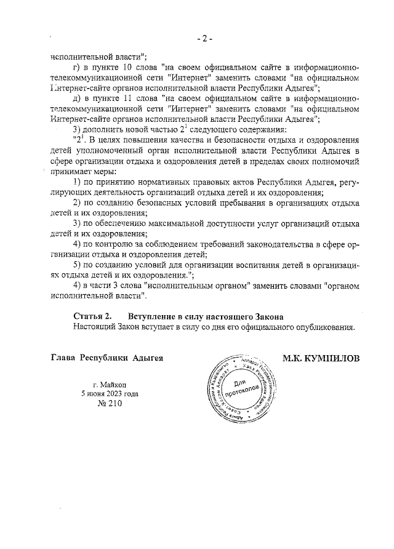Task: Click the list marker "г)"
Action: click(x=77, y=66)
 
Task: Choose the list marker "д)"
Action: click(x=77, y=98)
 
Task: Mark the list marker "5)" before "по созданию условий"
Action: click(x=77, y=265)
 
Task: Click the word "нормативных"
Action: click(x=159, y=183)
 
